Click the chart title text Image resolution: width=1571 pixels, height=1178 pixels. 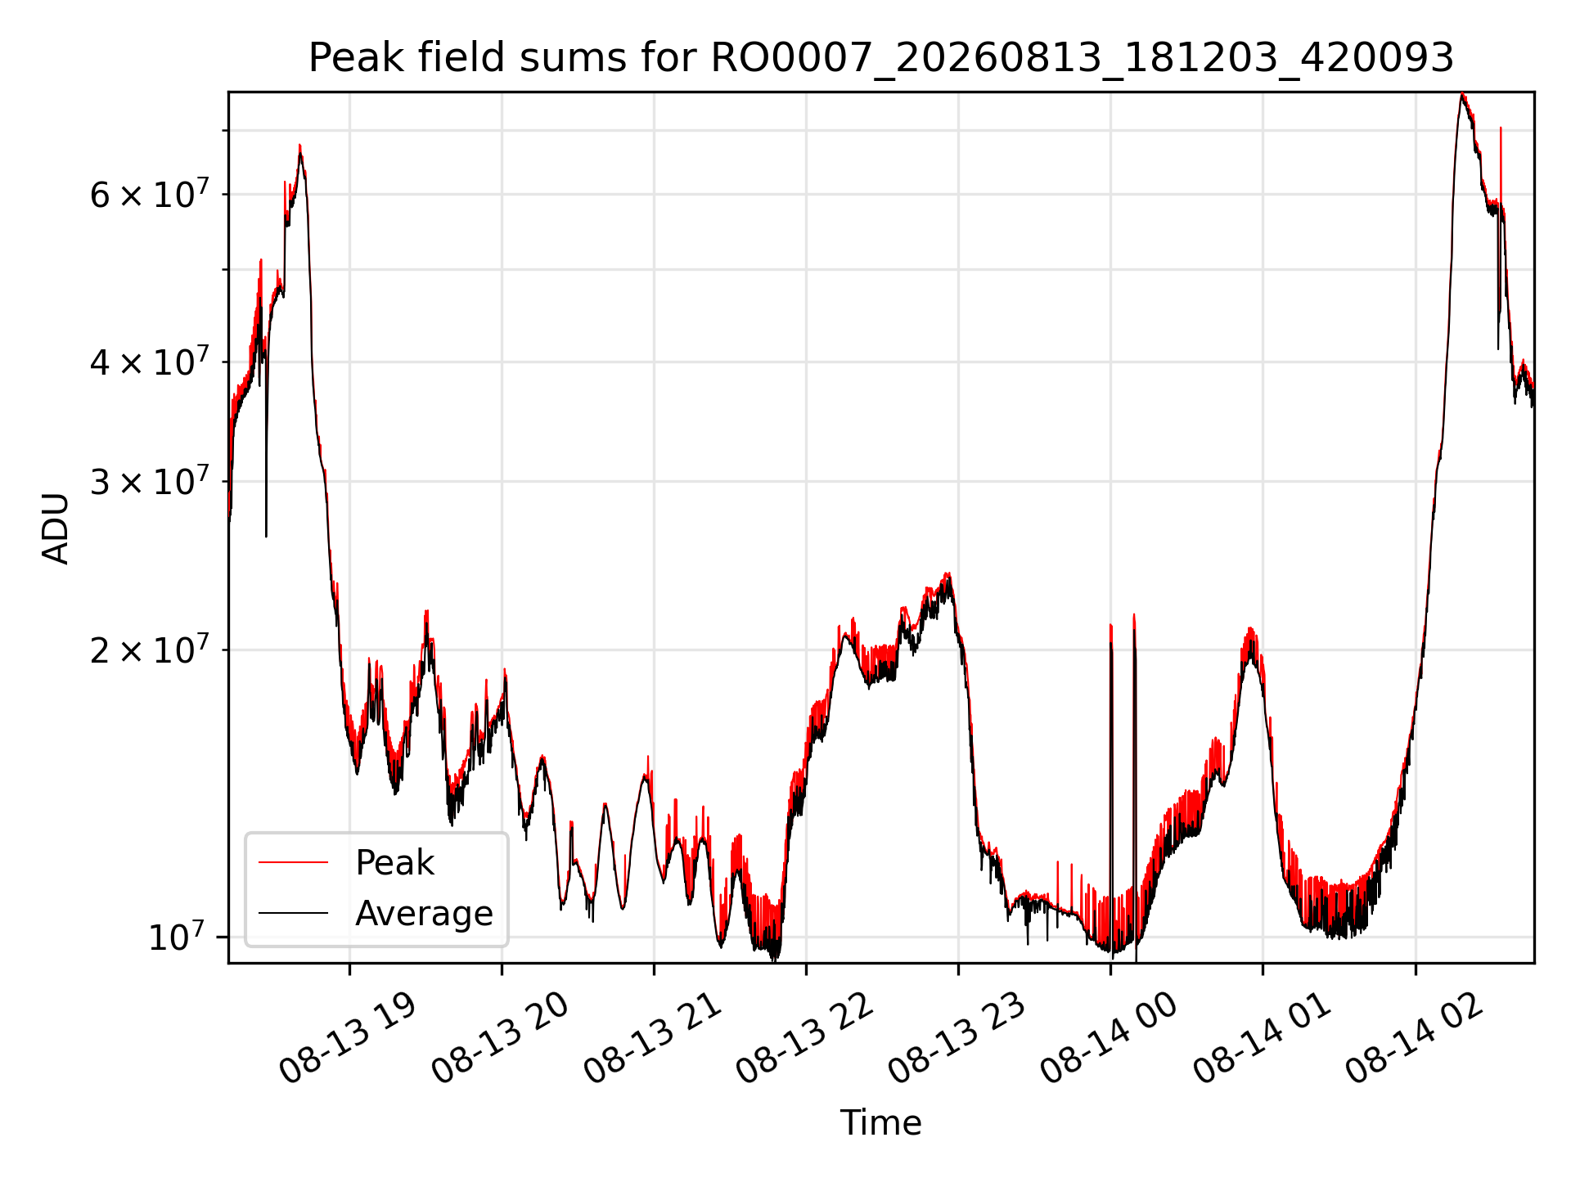click(881, 58)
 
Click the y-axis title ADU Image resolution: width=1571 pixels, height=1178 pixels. click(56, 528)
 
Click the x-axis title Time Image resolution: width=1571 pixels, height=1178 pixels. click(881, 1123)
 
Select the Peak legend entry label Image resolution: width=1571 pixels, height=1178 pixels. click(394, 863)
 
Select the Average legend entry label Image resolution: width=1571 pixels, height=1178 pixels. click(424, 913)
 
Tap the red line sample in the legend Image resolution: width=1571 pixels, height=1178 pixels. click(293, 862)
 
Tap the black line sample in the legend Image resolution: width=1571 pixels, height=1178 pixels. click(293, 913)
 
